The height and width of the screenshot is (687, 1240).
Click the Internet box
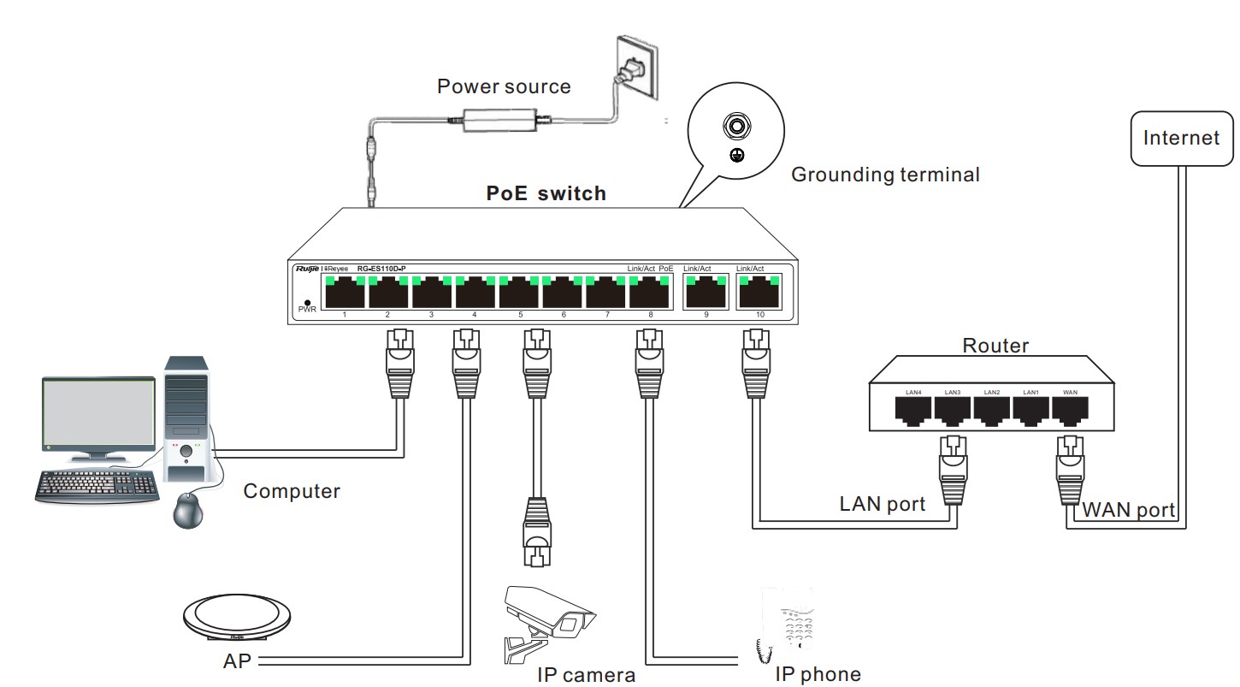pos(1181,138)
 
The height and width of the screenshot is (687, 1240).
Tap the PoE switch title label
pos(546,193)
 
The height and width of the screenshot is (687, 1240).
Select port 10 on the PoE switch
pos(759,293)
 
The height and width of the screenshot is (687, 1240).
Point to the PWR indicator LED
pos(307,301)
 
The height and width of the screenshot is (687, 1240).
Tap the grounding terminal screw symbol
pos(734,128)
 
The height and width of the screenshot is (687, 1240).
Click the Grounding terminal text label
pos(884,175)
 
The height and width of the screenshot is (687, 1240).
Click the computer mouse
pos(190,512)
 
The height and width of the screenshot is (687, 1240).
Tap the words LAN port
pos(882,504)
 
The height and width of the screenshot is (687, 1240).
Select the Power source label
pos(503,86)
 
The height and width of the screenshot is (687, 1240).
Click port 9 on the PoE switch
pos(706,293)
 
